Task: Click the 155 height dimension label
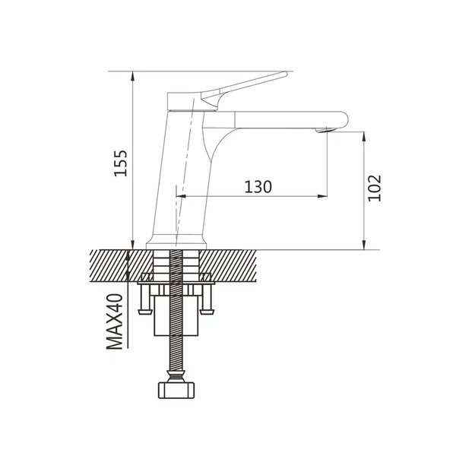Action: (120, 163)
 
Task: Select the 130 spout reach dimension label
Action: (258, 187)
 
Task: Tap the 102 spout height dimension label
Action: (374, 188)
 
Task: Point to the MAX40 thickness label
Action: (115, 321)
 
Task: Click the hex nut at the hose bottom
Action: (176, 391)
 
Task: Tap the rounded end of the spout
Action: (344, 119)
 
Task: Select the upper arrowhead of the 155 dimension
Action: (132, 75)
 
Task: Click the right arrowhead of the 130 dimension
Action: (322, 196)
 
